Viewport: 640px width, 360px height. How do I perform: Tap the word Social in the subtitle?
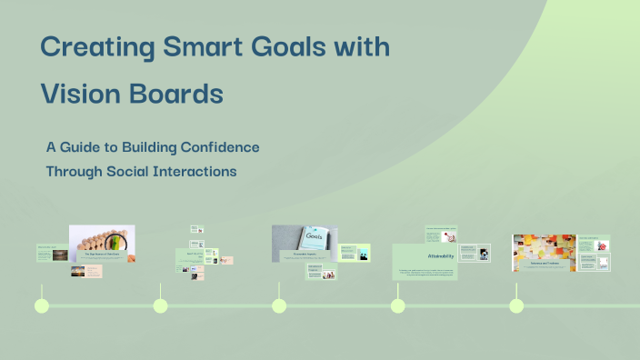point(135,171)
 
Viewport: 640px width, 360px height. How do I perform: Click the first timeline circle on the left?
point(42,305)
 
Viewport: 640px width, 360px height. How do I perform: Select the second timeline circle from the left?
point(161,305)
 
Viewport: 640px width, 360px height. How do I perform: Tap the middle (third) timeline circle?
point(279,305)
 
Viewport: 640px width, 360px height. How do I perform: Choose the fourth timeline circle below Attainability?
point(398,305)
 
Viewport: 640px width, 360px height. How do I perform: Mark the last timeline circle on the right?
point(516,305)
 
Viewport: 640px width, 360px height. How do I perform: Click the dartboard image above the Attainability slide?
point(447,237)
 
